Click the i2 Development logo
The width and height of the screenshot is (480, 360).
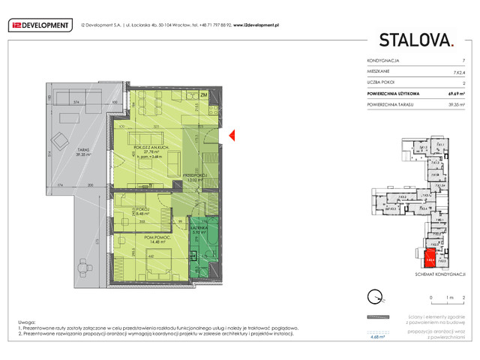(x=38, y=25)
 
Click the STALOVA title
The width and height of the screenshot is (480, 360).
(x=415, y=40)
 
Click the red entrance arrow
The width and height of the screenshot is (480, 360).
(x=232, y=135)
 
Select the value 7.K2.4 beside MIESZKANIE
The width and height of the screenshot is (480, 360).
(x=457, y=70)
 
